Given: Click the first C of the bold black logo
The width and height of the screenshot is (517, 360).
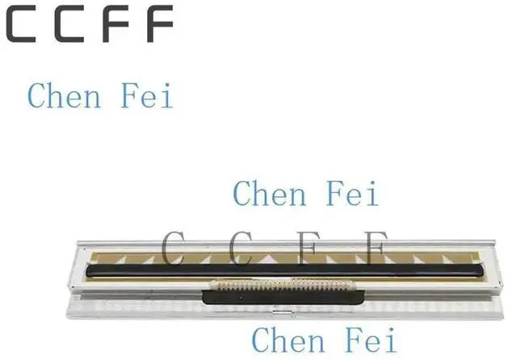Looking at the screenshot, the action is click(22, 24).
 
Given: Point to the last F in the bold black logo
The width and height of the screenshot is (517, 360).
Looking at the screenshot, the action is click(158, 24).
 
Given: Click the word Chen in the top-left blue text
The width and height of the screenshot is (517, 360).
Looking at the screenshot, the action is click(64, 95).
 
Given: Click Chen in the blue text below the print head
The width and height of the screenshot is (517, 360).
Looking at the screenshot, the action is click(288, 340).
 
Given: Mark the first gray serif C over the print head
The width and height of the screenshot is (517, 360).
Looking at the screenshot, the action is click(174, 247).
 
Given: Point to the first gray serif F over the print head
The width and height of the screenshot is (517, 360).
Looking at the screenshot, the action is click(307, 247).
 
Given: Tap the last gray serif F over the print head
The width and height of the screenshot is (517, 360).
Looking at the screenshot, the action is click(372, 247).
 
